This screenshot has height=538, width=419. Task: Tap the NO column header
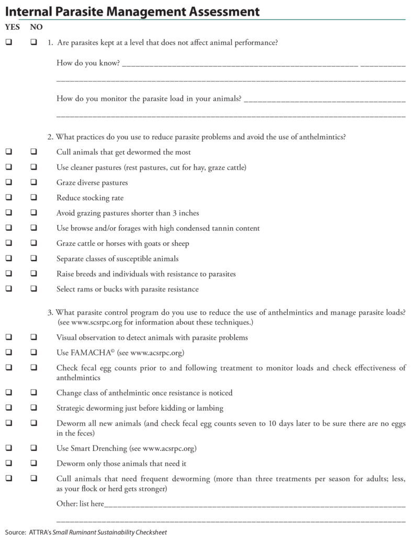(x=36, y=26)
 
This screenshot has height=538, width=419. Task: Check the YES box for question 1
(x=9, y=42)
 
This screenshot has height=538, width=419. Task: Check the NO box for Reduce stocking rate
(x=33, y=198)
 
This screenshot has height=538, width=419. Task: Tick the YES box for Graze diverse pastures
(x=9, y=183)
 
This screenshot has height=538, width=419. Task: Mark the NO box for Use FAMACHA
(x=33, y=353)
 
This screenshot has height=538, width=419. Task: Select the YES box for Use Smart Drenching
(x=9, y=448)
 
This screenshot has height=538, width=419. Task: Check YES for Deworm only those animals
(x=9, y=463)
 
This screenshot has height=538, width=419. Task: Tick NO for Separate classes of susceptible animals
(x=33, y=259)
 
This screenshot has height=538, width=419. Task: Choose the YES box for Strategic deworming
(x=9, y=408)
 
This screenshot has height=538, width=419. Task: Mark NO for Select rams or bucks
(x=33, y=289)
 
